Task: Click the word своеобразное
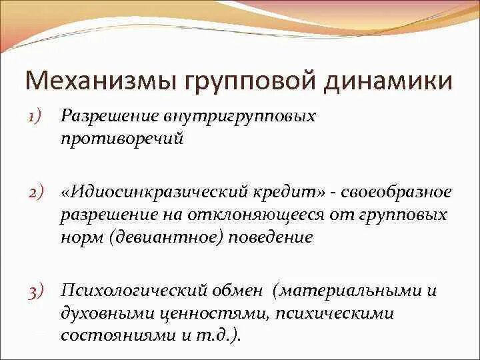pyautogui.click(x=396, y=193)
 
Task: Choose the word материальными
pyautogui.click(x=350, y=290)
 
